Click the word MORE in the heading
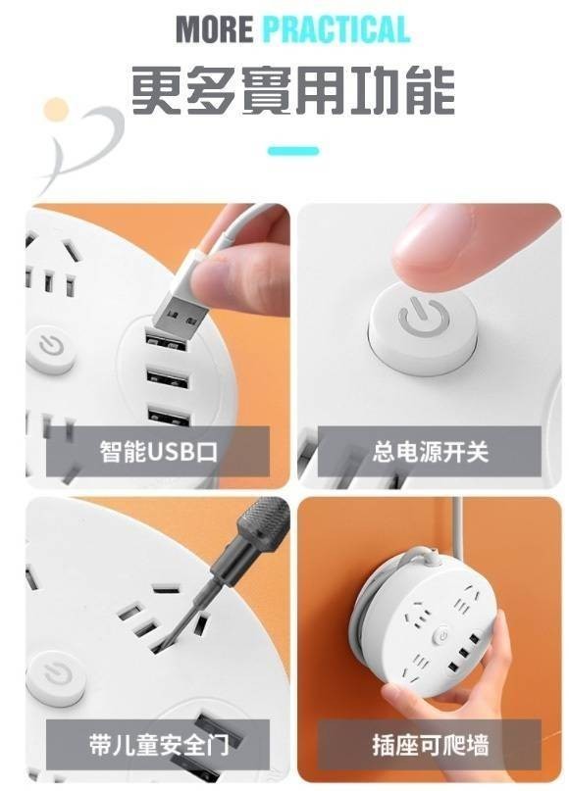click(214, 29)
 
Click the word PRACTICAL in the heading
click(336, 29)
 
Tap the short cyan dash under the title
click(293, 150)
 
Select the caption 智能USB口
click(159, 452)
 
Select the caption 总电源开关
click(430, 452)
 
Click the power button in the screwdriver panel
click(56, 677)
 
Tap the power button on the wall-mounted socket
click(442, 636)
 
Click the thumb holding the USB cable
click(233, 272)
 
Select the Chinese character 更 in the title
click(156, 90)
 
